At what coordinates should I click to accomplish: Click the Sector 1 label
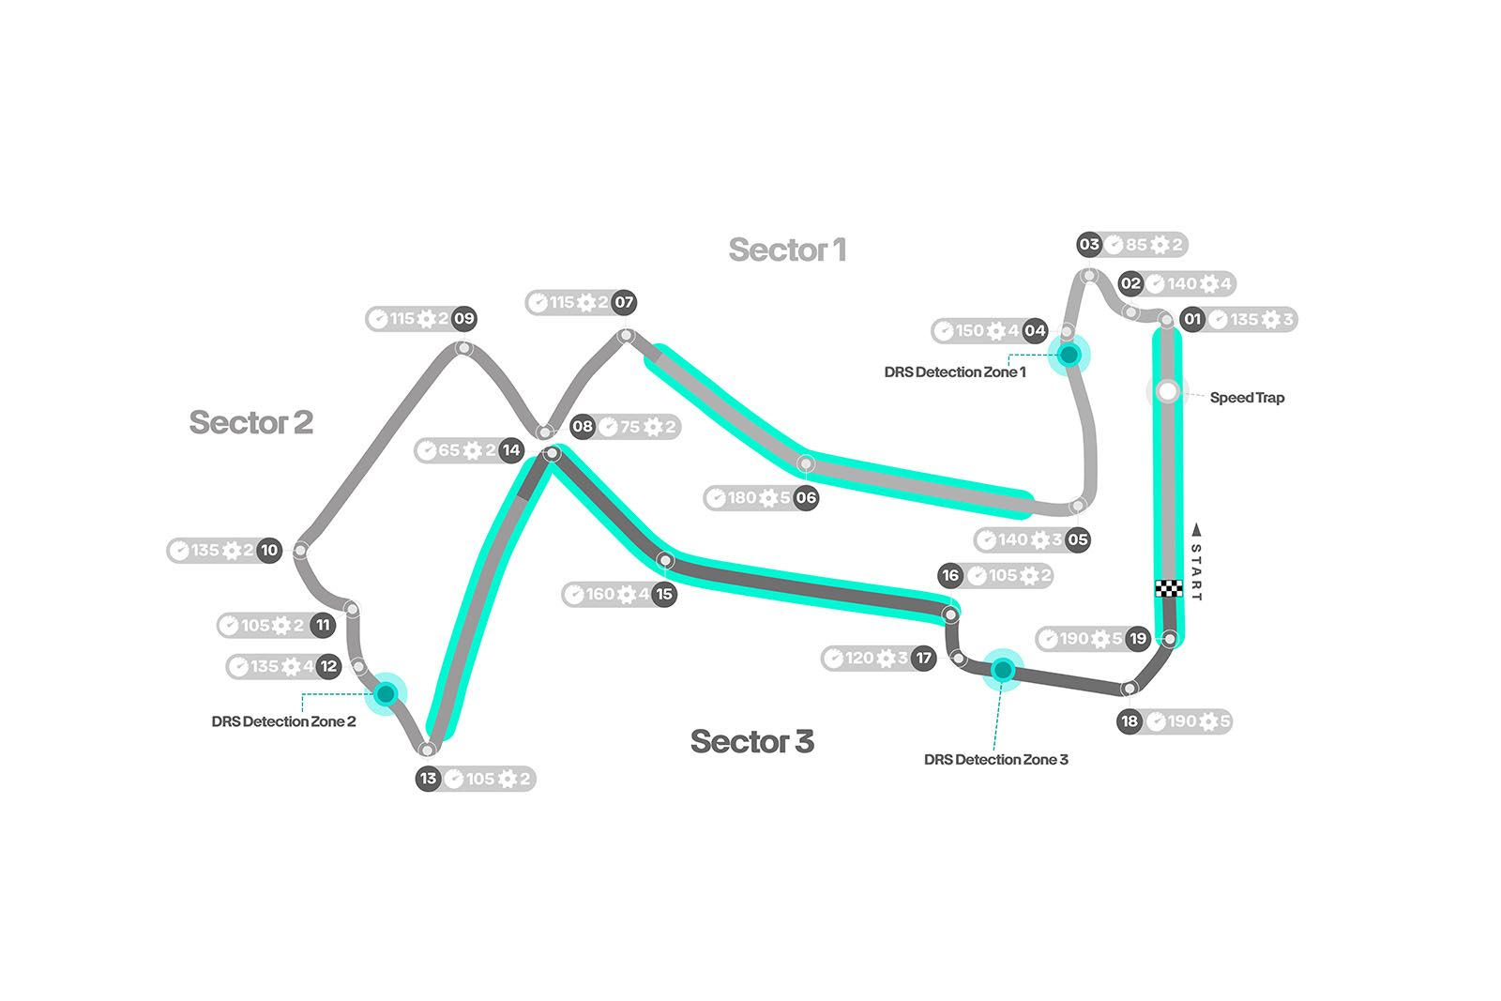[787, 250]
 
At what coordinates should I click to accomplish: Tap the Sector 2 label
[250, 422]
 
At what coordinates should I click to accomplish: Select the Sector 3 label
[751, 741]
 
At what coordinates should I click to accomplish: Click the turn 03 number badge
[1089, 245]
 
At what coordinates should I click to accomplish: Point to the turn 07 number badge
[624, 302]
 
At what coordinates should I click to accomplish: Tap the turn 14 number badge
[510, 450]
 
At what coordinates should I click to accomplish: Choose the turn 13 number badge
[429, 779]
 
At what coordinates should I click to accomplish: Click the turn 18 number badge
[1130, 721]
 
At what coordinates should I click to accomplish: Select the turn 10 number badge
[269, 551]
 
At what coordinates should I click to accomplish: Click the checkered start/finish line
[1167, 589]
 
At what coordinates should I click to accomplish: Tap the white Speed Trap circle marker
[1167, 391]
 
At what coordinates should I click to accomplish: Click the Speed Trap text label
[1247, 398]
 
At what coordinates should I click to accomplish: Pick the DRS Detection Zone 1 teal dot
[1069, 355]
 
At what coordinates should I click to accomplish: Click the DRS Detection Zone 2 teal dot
[386, 693]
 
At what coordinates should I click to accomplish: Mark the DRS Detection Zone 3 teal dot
[1003, 669]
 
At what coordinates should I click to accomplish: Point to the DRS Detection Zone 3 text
[995, 760]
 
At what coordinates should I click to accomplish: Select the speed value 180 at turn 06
[742, 498]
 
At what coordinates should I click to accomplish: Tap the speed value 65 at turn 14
[448, 450]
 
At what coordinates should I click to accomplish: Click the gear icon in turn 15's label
[626, 595]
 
